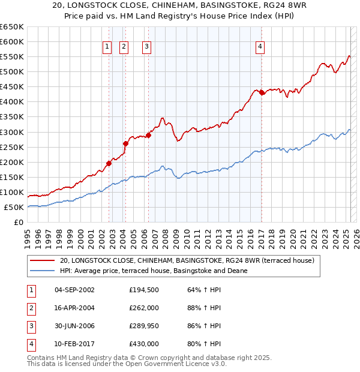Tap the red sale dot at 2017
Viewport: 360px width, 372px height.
click(x=262, y=92)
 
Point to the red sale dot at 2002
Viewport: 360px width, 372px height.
click(x=109, y=163)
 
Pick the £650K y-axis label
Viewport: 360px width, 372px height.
click(x=12, y=26)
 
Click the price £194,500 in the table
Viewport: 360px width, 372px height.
click(x=144, y=290)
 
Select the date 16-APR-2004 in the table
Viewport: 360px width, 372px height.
click(x=74, y=308)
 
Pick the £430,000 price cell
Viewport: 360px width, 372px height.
click(x=144, y=344)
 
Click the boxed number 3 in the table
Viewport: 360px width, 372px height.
click(x=29, y=326)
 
